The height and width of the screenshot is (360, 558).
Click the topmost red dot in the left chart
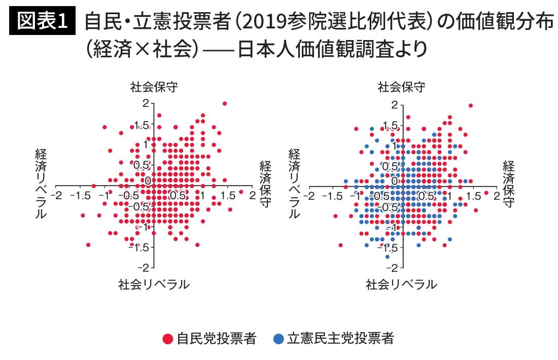[225, 103]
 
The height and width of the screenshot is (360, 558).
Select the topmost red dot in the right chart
[471, 105]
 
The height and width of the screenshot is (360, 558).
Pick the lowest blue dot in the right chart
[388, 257]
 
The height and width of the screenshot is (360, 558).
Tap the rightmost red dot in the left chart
[241, 192]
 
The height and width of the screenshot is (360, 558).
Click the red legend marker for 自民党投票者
[167, 339]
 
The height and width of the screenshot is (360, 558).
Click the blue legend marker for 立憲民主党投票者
[278, 339]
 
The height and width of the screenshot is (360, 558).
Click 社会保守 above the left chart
[154, 87]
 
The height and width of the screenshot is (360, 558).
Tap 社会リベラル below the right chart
[401, 284]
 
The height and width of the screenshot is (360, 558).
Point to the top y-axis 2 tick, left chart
[146, 103]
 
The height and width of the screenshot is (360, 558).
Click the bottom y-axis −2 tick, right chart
[393, 266]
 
